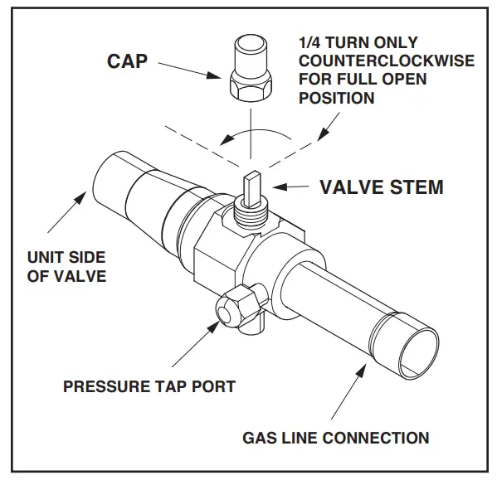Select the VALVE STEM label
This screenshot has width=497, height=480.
pyautogui.click(x=382, y=187)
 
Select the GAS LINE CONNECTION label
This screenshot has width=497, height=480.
pyautogui.click(x=335, y=437)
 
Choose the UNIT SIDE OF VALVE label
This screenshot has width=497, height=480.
pyautogui.click(x=67, y=266)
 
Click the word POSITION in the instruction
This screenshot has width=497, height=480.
pyautogui.click(x=336, y=98)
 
